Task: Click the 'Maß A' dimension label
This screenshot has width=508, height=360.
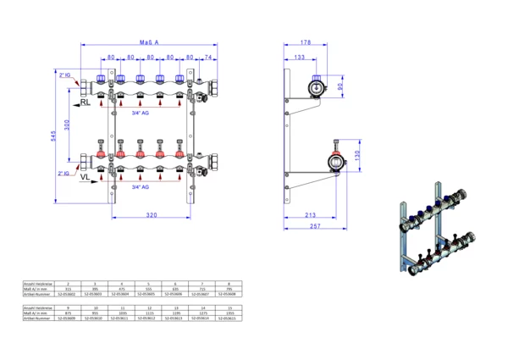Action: (x=150, y=42)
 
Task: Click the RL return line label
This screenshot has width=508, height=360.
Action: (x=86, y=102)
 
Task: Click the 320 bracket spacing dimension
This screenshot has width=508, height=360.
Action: (x=151, y=216)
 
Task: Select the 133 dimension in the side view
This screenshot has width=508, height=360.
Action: (x=299, y=57)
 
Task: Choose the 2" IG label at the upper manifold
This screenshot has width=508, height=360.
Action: (x=67, y=75)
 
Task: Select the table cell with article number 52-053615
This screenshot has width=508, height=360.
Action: (x=229, y=318)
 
